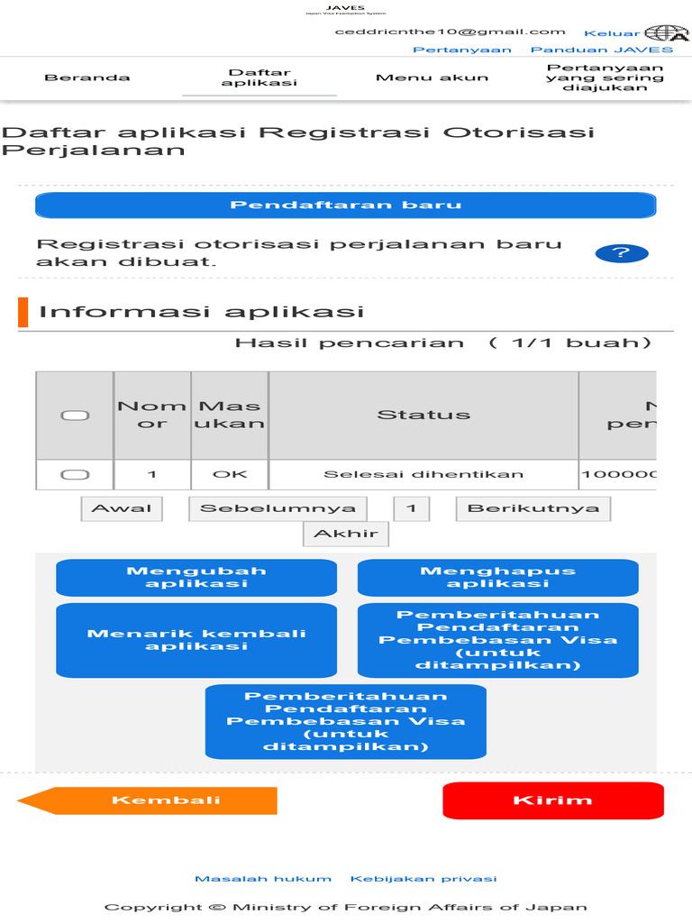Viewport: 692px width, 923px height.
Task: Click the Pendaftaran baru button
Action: [345, 206]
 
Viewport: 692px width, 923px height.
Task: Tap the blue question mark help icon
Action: [622, 253]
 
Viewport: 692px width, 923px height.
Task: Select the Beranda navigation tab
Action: [87, 78]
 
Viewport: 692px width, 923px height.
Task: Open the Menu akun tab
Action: [432, 78]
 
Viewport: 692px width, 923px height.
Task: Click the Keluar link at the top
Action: [612, 33]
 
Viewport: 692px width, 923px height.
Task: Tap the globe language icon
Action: [666, 32]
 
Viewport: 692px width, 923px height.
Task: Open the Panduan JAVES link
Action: [601, 50]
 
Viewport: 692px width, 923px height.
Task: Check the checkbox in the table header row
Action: [74, 415]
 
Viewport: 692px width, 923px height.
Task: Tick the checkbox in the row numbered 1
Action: [74, 474]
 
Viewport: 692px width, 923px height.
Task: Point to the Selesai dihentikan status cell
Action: [423, 474]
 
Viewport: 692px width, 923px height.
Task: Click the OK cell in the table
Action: [230, 474]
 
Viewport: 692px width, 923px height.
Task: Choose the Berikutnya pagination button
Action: [533, 508]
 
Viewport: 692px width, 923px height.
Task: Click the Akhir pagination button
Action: [345, 534]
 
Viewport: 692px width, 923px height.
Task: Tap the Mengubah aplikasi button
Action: [196, 577]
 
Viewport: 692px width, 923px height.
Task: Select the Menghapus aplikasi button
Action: [497, 577]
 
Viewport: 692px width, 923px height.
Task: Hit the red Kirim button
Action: [552, 800]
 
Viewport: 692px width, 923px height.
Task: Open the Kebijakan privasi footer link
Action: [423, 879]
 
